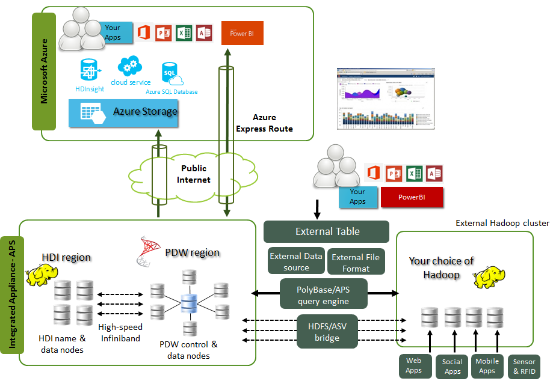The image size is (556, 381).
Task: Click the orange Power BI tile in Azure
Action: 242,33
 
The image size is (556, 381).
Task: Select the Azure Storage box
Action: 123,112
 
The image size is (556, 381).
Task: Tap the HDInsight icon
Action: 90,70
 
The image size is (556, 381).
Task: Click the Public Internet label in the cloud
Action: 194,174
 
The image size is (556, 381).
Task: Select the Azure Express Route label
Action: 264,123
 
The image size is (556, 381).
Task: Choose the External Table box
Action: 327,231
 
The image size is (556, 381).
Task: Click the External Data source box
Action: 296,261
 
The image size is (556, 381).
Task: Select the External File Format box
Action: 356,261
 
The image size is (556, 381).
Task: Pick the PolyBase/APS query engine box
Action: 323,294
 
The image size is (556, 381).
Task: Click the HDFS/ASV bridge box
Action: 327,331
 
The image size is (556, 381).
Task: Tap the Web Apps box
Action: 413,366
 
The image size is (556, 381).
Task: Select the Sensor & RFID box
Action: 524,367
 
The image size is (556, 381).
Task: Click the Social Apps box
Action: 452,367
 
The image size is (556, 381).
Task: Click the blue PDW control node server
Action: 190,303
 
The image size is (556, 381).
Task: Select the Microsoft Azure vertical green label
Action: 43,72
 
